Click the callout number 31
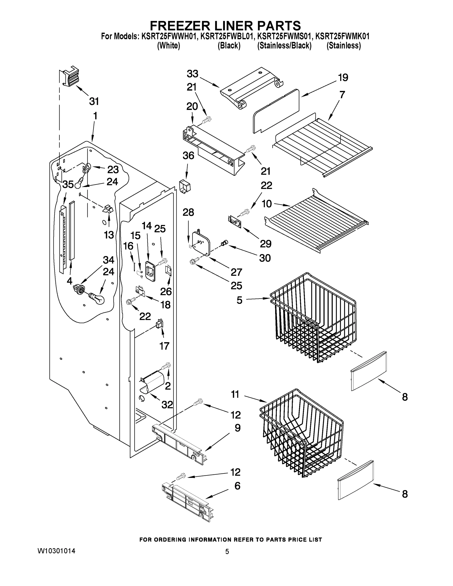pyautogui.click(x=94, y=101)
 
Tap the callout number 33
pyautogui.click(x=192, y=74)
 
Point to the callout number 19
pyautogui.click(x=343, y=78)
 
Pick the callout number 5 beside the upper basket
pyautogui.click(x=239, y=300)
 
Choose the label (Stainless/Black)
pyautogui.click(x=284, y=46)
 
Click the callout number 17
pyautogui.click(x=164, y=346)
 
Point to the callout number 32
pyautogui.click(x=167, y=405)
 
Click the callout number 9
pyautogui.click(x=238, y=428)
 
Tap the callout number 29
pyautogui.click(x=266, y=244)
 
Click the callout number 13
pyautogui.click(x=109, y=235)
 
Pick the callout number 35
pyautogui.click(x=68, y=184)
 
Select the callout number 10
pyautogui.click(x=267, y=204)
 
